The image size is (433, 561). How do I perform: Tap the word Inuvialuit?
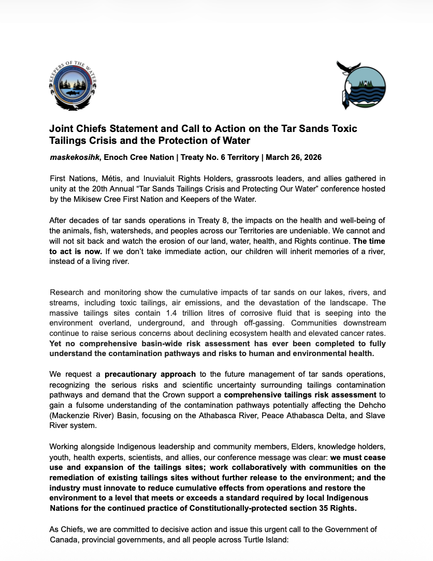144,178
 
